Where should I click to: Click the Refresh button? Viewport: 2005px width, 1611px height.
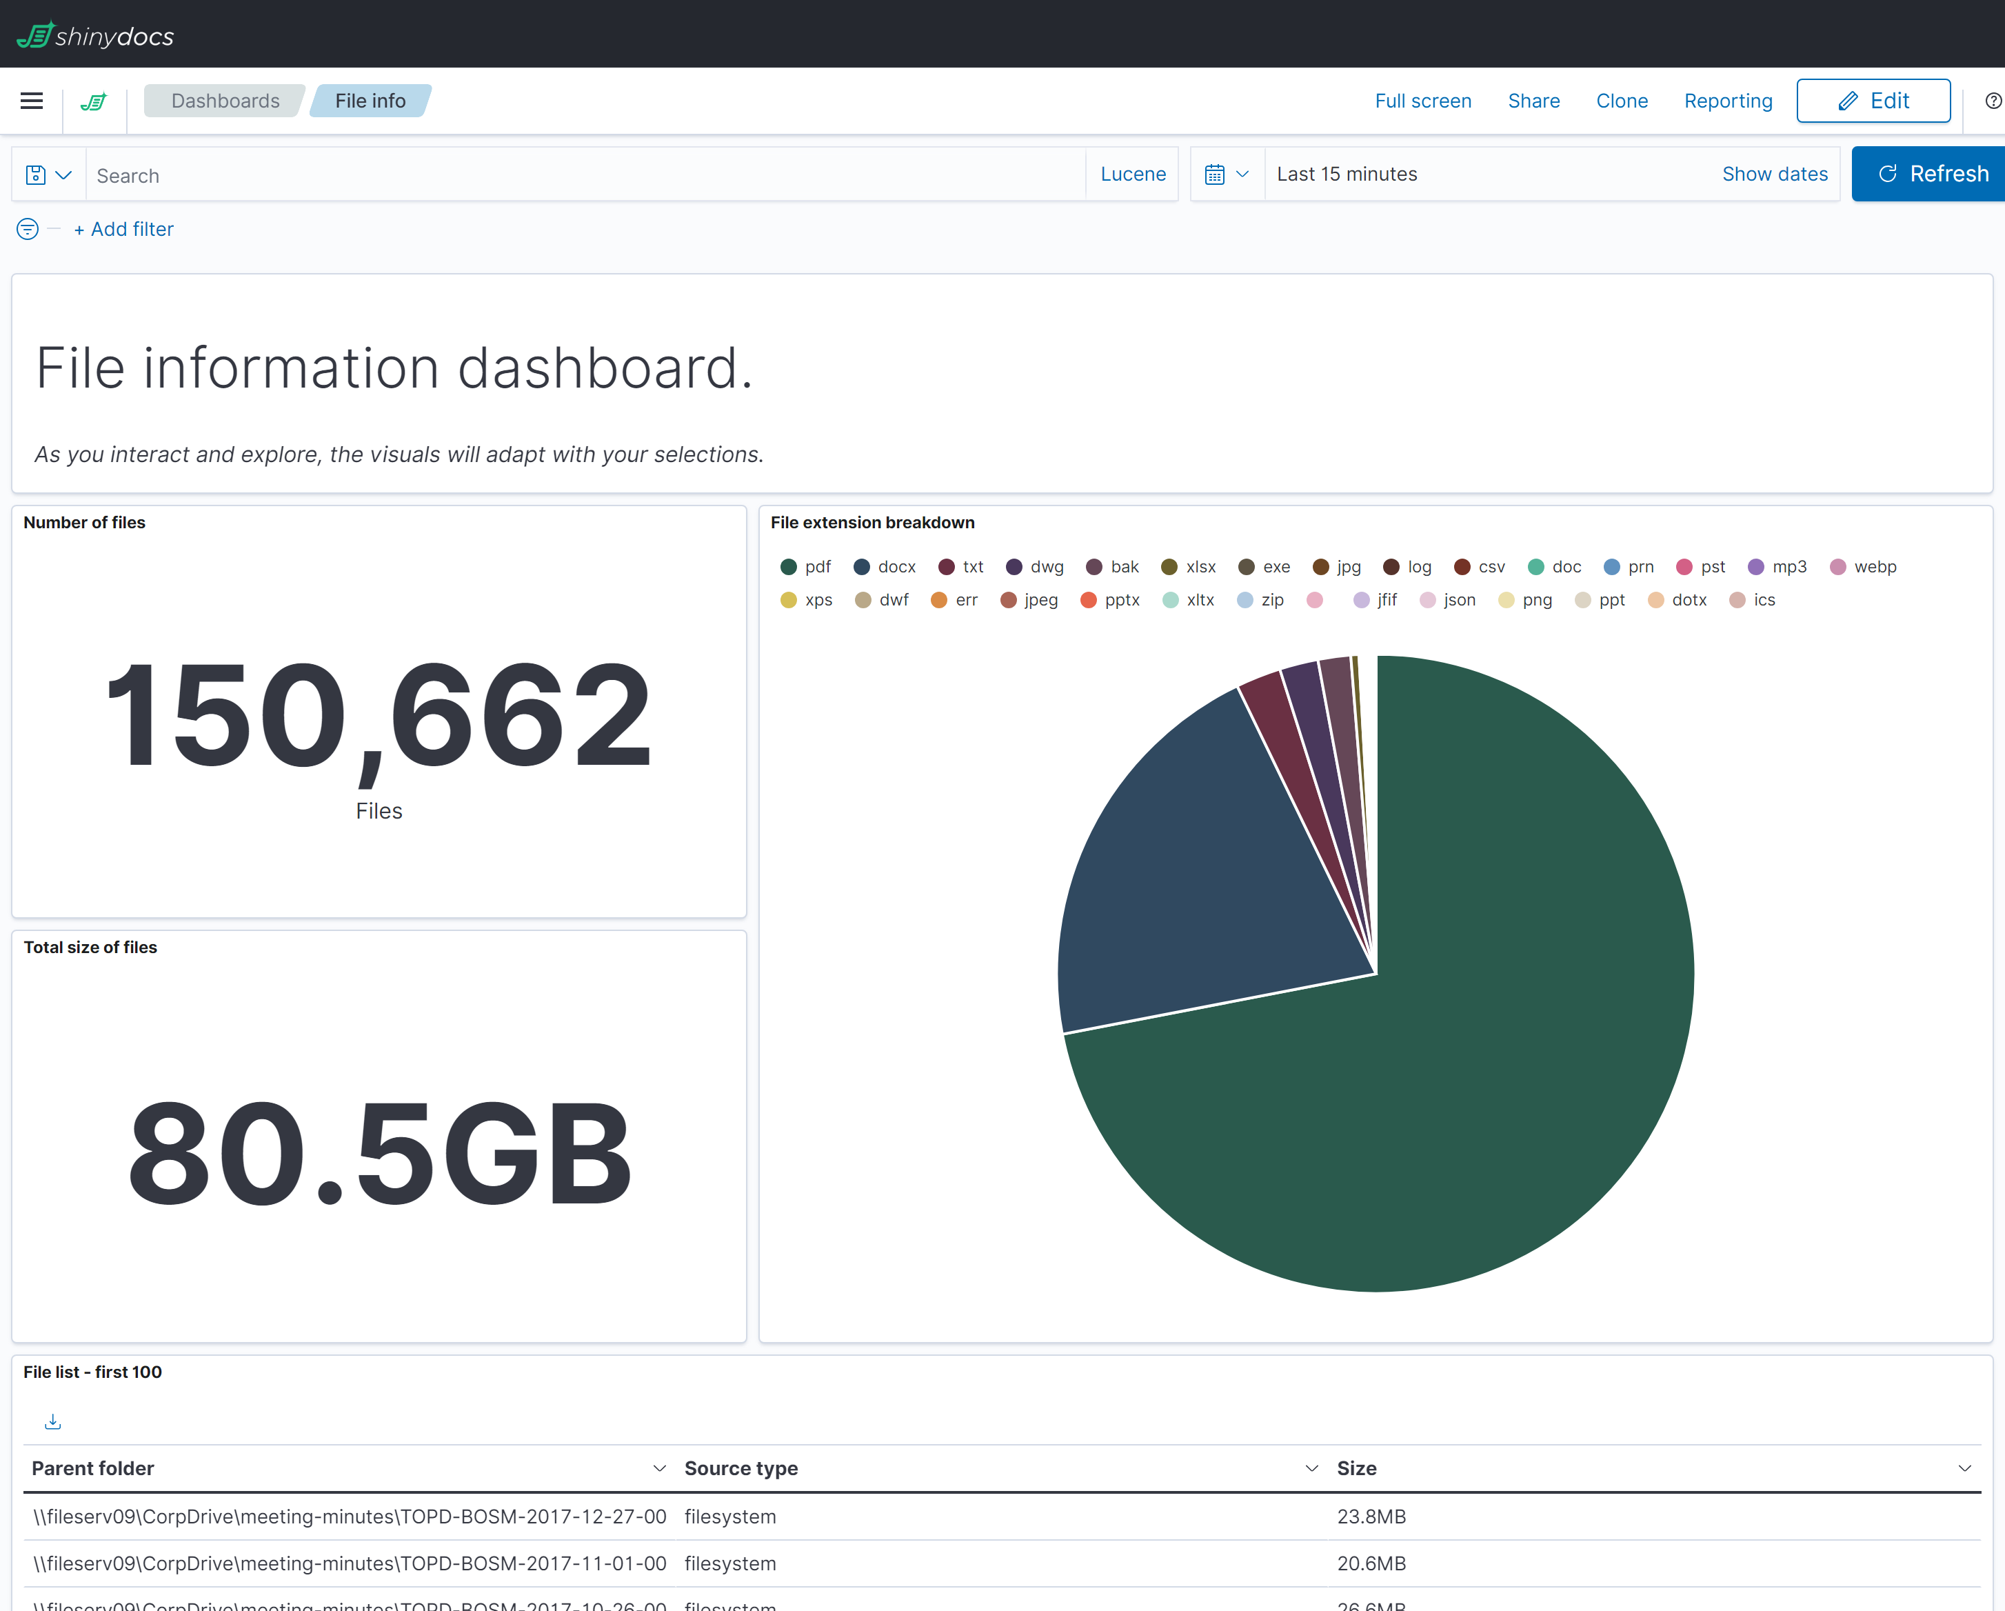[1933, 174]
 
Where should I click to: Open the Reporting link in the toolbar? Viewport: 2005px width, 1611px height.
[1728, 101]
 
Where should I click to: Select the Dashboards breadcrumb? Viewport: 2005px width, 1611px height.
[225, 101]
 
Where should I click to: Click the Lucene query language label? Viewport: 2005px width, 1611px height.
[1133, 174]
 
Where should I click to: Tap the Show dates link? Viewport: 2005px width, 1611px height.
[1774, 174]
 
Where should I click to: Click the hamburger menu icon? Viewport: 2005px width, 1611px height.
[32, 101]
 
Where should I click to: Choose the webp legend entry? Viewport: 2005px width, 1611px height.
[1864, 566]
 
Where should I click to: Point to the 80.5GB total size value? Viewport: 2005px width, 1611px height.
[379, 1153]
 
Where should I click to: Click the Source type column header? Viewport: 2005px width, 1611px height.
[741, 1468]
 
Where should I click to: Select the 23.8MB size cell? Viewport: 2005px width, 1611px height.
[1371, 1516]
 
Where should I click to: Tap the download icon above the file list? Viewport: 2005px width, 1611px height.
[53, 1421]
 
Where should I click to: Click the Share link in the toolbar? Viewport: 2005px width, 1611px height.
[1533, 101]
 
